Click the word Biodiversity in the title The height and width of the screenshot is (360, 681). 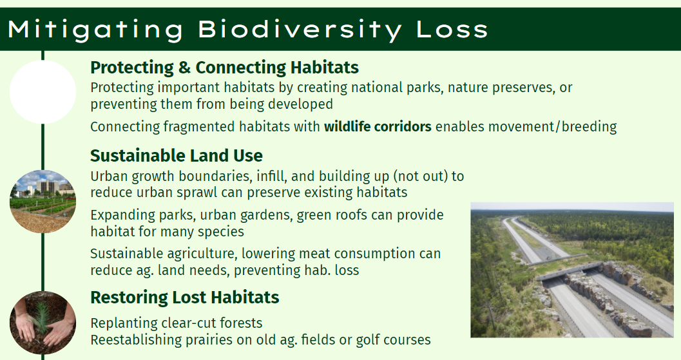tap(300, 30)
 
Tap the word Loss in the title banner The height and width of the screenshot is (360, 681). tap(452, 29)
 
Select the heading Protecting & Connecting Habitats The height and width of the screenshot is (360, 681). tap(225, 68)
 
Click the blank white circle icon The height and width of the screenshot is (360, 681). tap(43, 92)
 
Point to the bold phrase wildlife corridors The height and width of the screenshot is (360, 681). tap(378, 126)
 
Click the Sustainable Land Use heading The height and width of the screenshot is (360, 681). tap(177, 155)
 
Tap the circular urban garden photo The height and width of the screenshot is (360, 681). tap(43, 202)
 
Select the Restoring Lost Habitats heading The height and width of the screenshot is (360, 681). tap(184, 298)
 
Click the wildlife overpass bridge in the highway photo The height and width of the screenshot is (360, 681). tap(564, 269)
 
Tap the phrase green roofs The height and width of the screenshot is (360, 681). tap(332, 215)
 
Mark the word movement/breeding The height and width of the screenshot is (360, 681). tap(552, 127)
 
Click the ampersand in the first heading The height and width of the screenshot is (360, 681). tap(184, 68)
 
